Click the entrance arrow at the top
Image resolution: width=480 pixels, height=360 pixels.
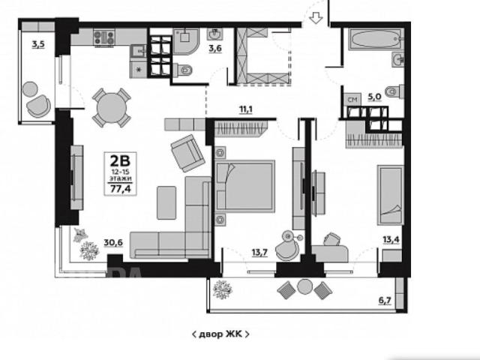coord(316,18)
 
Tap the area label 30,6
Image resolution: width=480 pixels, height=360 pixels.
coord(113,243)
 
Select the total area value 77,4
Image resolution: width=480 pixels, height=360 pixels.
coord(121,189)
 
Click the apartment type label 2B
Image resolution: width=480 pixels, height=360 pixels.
coord(120,160)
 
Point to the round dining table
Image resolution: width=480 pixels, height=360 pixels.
coord(112,108)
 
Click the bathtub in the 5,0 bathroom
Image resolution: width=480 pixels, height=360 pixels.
coord(376,38)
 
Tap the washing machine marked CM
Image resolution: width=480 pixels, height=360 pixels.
coord(352,100)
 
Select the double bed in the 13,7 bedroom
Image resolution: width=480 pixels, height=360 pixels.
coord(244,186)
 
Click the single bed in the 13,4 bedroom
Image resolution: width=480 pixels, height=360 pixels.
coord(390,195)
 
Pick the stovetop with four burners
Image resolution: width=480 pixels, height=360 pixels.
coord(104,38)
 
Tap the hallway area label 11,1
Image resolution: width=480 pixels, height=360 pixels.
coord(246,109)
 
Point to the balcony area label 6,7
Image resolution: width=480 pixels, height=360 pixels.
coord(385,301)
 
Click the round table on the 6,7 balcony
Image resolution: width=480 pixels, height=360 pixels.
coord(304,286)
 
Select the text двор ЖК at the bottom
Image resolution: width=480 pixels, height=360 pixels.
coord(220,334)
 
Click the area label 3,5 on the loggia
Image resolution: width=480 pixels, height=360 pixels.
coord(38,45)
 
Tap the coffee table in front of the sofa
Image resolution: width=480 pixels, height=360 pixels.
coord(166,202)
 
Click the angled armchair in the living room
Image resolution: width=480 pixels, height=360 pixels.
coord(187,153)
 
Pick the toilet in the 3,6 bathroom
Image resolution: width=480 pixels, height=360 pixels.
coord(183,70)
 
